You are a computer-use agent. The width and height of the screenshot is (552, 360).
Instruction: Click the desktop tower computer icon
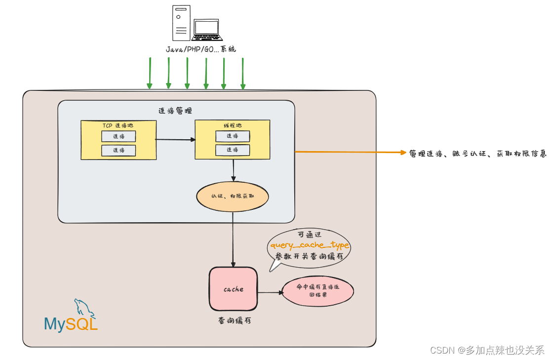click(x=181, y=23)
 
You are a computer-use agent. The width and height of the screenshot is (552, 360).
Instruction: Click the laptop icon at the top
click(x=207, y=31)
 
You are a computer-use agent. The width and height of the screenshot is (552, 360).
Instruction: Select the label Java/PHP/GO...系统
click(x=200, y=49)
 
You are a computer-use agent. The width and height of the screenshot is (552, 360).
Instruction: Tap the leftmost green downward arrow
click(x=150, y=73)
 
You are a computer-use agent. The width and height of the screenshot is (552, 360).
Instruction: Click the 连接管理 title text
click(x=175, y=111)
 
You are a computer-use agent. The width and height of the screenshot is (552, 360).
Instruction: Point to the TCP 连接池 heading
click(x=118, y=125)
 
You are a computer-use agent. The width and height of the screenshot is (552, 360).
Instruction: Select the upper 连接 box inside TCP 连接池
click(x=118, y=136)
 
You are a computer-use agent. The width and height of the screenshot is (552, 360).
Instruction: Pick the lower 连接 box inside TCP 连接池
click(x=118, y=150)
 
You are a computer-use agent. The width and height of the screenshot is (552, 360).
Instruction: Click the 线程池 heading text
click(x=233, y=125)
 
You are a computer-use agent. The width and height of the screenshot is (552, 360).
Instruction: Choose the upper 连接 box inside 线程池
click(x=233, y=136)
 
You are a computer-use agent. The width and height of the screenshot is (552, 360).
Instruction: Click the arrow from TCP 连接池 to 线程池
click(x=175, y=139)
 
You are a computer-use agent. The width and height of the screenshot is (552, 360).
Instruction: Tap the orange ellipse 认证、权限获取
click(x=233, y=196)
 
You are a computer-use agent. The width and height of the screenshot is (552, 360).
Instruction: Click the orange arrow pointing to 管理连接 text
click(x=351, y=152)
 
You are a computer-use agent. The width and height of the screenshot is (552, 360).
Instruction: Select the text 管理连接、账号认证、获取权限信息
click(x=477, y=154)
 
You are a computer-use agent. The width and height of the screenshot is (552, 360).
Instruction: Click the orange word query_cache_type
click(x=309, y=245)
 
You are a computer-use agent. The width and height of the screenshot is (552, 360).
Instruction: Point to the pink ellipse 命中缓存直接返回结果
click(x=317, y=291)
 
